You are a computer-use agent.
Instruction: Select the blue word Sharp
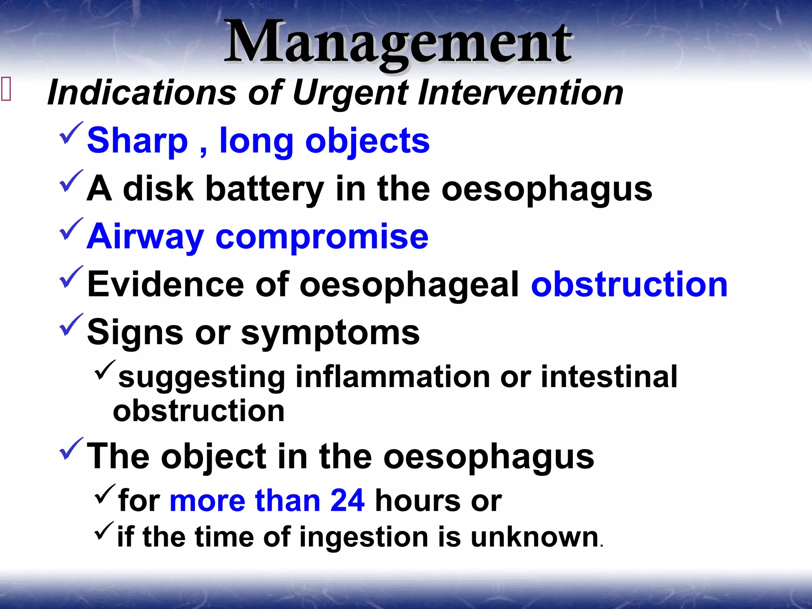pyautogui.click(x=137, y=141)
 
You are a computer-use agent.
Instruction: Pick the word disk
pyautogui.click(x=158, y=189)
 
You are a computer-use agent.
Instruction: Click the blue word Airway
pyautogui.click(x=145, y=237)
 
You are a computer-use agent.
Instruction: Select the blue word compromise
pyautogui.click(x=322, y=237)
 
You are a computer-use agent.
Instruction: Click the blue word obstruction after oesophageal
pyautogui.click(x=629, y=284)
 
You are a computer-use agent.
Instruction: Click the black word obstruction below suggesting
pyautogui.click(x=199, y=411)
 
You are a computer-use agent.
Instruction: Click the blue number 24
pyautogui.click(x=347, y=501)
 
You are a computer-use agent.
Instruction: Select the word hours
pyautogui.click(x=417, y=501)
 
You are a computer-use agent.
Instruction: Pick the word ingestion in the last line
pyautogui.click(x=364, y=537)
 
